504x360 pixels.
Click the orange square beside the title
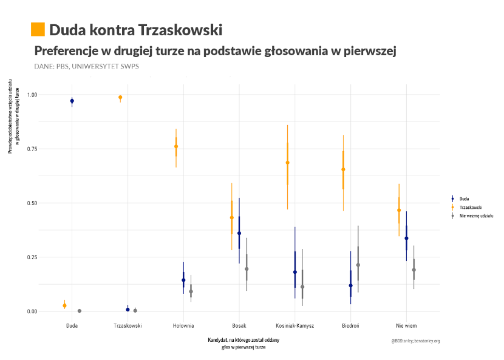[38, 29]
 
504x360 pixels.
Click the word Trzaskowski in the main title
[180, 29]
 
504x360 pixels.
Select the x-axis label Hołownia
[183, 325]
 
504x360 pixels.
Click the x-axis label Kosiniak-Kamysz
[295, 325]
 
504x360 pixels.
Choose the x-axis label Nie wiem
[406, 325]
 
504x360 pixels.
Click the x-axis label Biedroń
[350, 325]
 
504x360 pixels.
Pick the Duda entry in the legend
[464, 199]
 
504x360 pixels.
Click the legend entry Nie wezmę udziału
[475, 216]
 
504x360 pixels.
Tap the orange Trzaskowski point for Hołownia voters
[176, 146]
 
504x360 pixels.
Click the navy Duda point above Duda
[72, 101]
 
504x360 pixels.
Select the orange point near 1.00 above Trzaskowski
[120, 97]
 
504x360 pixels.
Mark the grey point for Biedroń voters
[358, 265]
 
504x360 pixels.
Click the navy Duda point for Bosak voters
[239, 233]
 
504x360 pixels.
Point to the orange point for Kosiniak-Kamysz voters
[287, 163]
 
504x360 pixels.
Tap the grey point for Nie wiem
[414, 270]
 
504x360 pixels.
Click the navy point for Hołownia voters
[183, 280]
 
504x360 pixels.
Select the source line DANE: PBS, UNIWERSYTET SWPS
[87, 66]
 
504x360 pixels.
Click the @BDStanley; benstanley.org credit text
[415, 341]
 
